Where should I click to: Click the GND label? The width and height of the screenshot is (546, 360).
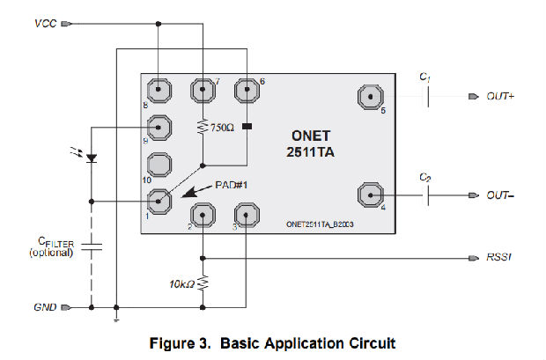(x=44, y=307)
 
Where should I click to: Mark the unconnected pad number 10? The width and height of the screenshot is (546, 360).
(x=159, y=165)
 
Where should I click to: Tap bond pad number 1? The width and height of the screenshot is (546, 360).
(x=159, y=202)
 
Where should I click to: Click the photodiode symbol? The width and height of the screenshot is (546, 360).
(x=92, y=158)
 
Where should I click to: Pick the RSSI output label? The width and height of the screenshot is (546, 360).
(x=499, y=258)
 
